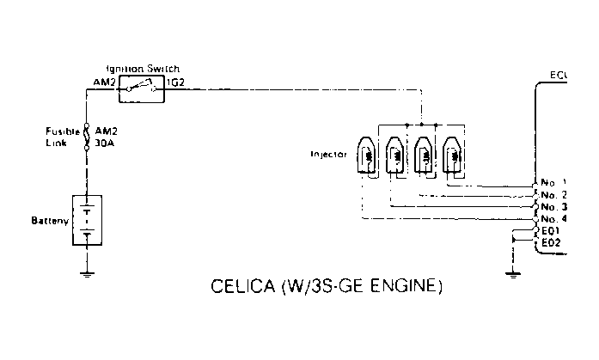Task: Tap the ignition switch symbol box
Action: coord(141,87)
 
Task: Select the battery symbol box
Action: coord(87,220)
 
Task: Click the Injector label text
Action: coord(328,156)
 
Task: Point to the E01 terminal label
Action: coord(551,231)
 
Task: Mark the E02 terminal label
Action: coord(551,244)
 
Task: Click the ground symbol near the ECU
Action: coord(512,273)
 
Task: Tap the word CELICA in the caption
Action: coord(241,284)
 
